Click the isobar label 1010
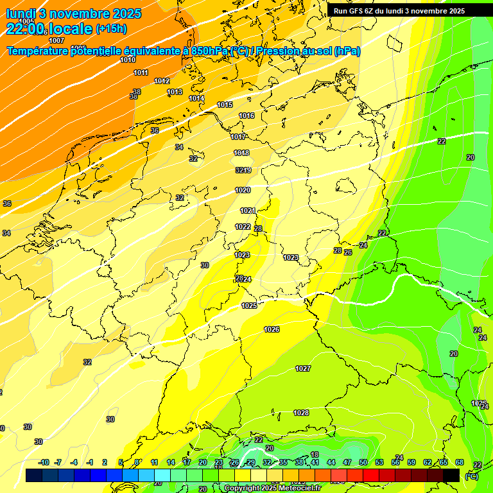click(x=128, y=60)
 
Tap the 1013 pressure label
click(x=175, y=92)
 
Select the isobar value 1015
click(x=225, y=105)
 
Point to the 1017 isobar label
click(x=238, y=137)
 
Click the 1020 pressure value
click(x=243, y=191)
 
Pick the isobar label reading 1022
click(x=243, y=227)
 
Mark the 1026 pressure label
click(x=272, y=329)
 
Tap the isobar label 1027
click(x=303, y=368)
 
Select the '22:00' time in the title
click(x=25, y=29)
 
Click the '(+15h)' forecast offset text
click(x=111, y=29)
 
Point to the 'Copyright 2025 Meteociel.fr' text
click(x=273, y=489)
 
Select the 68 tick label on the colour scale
click(x=460, y=462)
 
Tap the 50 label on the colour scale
click(x=363, y=462)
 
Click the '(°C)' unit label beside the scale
click(x=472, y=476)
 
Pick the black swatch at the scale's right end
click(x=451, y=475)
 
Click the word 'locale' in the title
click(x=70, y=29)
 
